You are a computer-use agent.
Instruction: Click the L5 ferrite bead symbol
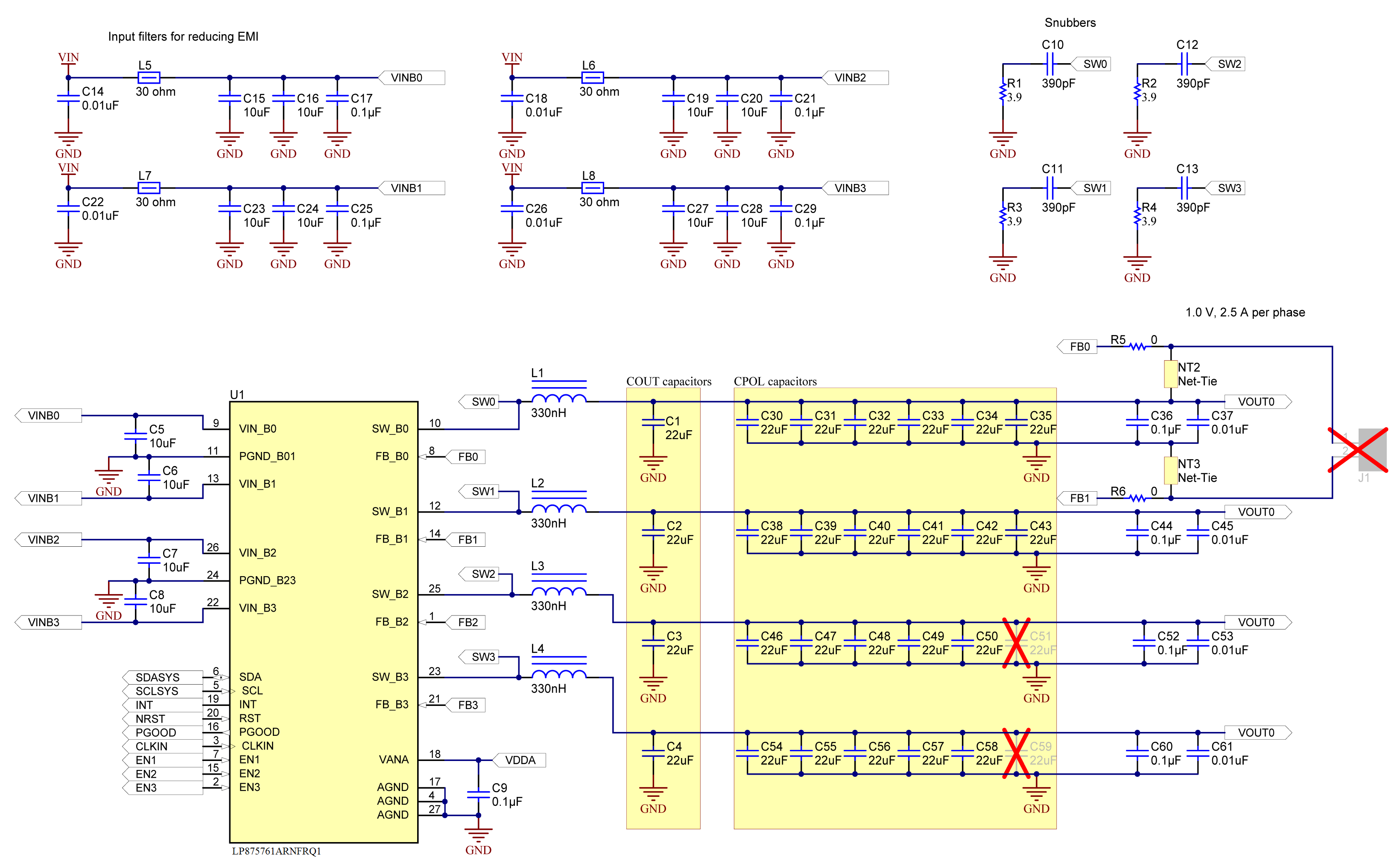pyautogui.click(x=149, y=78)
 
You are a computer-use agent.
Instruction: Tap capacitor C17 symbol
pyautogui.click(x=337, y=99)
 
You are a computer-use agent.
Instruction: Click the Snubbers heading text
pyautogui.click(x=1070, y=23)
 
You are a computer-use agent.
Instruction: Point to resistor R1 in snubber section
pyautogui.click(x=1003, y=91)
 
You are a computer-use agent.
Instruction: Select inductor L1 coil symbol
pyautogui.click(x=558, y=398)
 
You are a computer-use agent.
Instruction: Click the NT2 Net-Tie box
pyautogui.click(x=1170, y=374)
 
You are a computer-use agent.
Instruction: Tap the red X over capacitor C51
pyautogui.click(x=1016, y=643)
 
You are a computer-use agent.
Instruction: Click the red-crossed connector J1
pyautogui.click(x=1358, y=450)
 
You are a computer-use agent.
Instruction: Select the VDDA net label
pyautogui.click(x=519, y=760)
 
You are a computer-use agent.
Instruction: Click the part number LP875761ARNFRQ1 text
pyautogui.click(x=276, y=851)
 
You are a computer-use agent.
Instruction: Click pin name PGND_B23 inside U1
pyautogui.click(x=267, y=580)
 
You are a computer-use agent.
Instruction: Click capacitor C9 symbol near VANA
pyautogui.click(x=479, y=795)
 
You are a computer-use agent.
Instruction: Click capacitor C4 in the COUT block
pyautogui.click(x=653, y=753)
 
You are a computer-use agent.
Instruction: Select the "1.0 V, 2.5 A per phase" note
pyautogui.click(x=1245, y=312)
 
